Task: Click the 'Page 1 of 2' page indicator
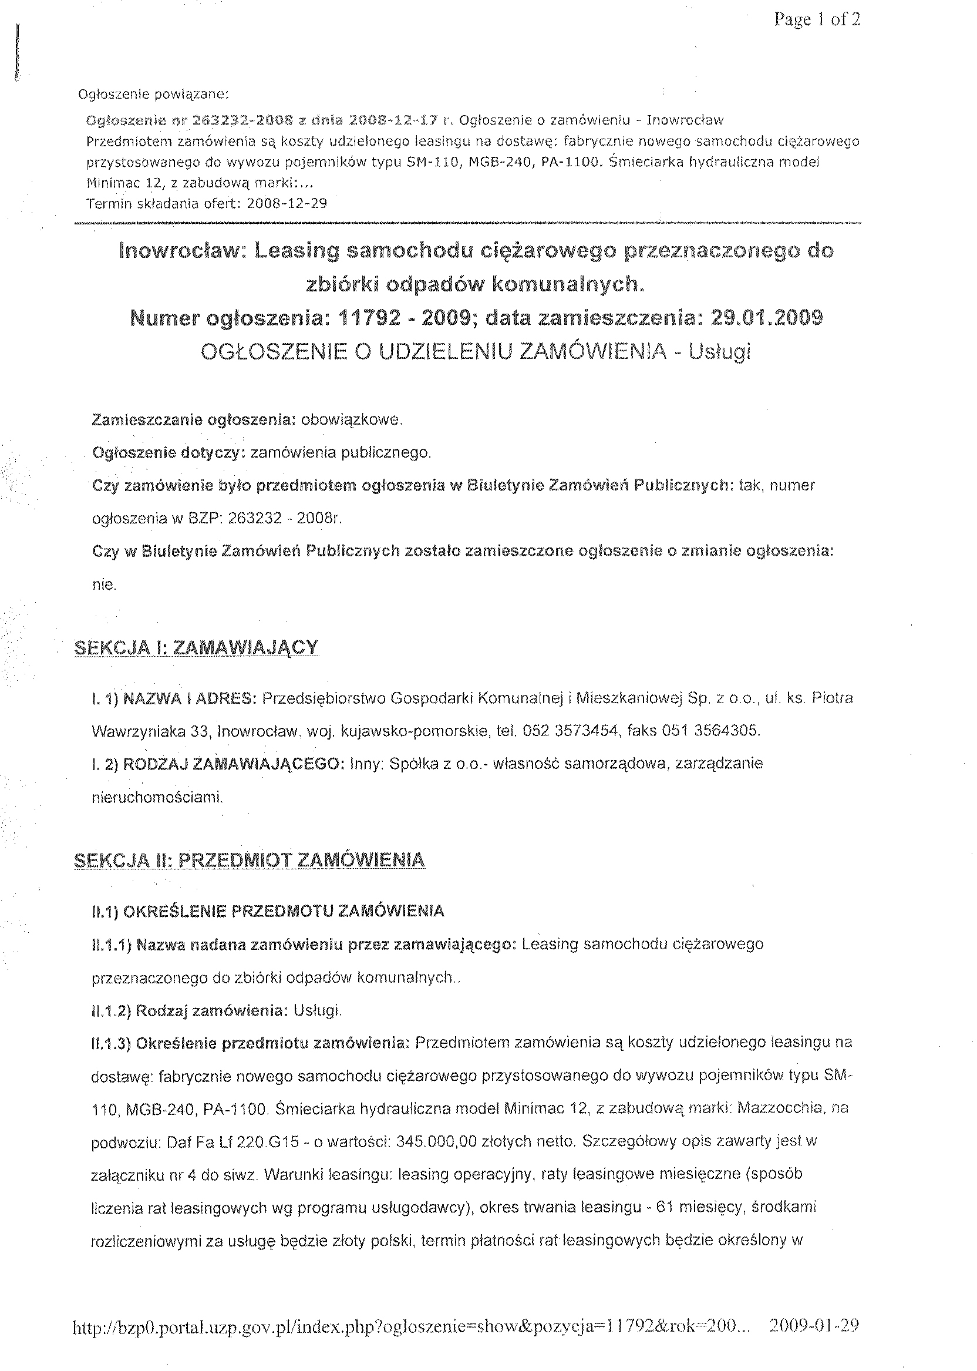click(817, 20)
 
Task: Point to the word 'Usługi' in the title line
click(720, 351)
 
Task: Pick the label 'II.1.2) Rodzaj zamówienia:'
click(189, 1010)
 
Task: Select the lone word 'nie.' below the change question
click(104, 584)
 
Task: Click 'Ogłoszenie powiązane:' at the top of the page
click(154, 95)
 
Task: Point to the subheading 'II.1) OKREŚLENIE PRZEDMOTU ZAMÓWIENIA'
click(268, 910)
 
